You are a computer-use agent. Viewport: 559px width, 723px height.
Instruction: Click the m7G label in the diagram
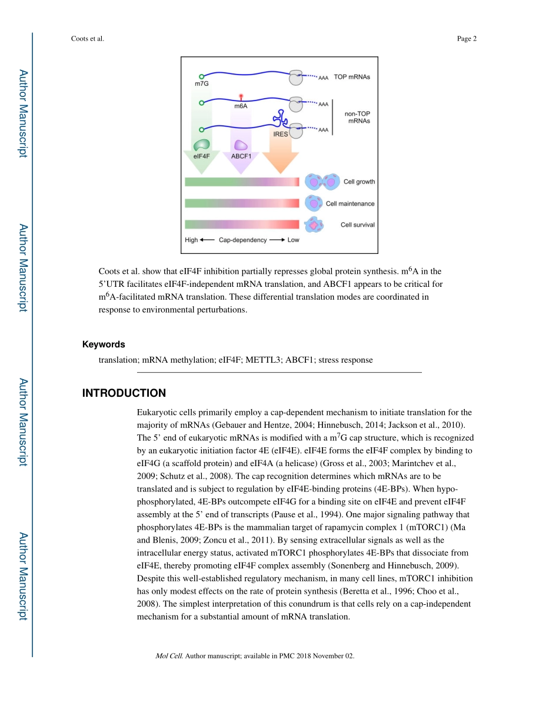[202, 84]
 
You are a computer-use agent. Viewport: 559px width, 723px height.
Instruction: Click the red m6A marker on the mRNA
[241, 96]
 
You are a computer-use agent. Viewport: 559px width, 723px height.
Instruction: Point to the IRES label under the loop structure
[281, 134]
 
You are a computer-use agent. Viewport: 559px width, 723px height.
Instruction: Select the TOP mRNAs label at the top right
[352, 77]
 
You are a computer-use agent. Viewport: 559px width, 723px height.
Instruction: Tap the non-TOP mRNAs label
[357, 117]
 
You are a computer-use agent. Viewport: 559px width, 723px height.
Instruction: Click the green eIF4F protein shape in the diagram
[202, 145]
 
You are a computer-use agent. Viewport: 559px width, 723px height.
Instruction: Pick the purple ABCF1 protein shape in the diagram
[241, 145]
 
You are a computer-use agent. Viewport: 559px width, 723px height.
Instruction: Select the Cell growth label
[359, 182]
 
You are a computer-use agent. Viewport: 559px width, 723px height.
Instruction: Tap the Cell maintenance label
[350, 203]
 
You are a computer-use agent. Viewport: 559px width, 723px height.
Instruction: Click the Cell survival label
[357, 225]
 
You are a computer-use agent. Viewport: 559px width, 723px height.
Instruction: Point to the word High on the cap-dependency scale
[191, 240]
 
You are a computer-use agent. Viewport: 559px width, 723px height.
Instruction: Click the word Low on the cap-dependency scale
[293, 240]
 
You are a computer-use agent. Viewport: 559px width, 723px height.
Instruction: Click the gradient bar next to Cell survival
[242, 225]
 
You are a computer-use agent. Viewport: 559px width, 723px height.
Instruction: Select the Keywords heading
[104, 344]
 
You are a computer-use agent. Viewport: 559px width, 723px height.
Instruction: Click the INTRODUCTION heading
[124, 393]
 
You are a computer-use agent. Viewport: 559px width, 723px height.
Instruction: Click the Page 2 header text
[467, 39]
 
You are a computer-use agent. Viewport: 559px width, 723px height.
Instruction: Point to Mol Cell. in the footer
[169, 655]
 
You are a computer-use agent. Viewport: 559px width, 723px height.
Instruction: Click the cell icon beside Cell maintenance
[313, 203]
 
